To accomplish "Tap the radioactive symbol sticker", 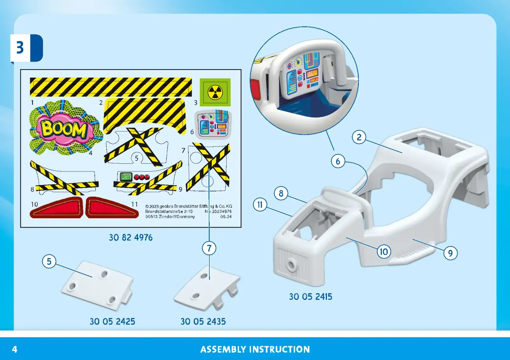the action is click(215, 92).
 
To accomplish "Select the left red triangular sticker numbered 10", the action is click(56, 208).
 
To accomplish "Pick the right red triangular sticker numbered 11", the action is click(112, 208).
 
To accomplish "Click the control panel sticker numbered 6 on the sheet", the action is click(213, 124).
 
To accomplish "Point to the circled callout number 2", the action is click(359, 137).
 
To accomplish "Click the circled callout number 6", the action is click(338, 161).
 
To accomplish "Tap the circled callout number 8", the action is click(281, 193).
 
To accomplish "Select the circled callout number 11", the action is click(260, 204).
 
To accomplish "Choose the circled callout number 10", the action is click(384, 252).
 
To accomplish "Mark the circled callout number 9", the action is click(450, 253).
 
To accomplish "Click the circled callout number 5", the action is click(49, 261).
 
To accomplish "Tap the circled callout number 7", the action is click(209, 248).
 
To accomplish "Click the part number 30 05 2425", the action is click(112, 321).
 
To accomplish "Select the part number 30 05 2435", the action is click(203, 321).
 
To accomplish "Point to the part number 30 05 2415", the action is click(311, 297).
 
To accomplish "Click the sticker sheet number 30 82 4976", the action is click(131, 238).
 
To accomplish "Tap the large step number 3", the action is click(20, 48).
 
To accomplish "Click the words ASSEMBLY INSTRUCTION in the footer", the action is click(255, 349).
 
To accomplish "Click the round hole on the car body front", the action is click(291, 265).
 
